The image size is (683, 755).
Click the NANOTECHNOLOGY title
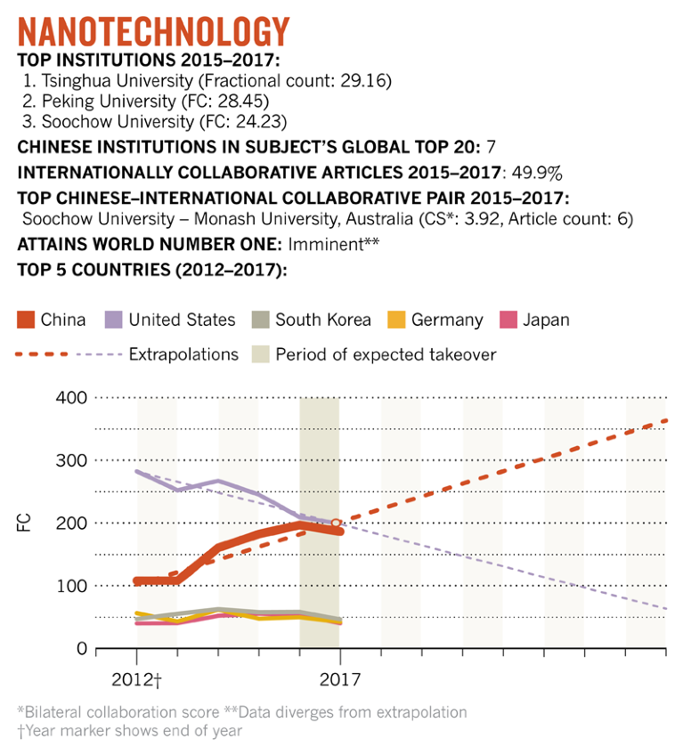click(154, 31)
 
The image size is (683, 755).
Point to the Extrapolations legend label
click(183, 353)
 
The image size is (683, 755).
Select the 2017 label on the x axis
click(338, 680)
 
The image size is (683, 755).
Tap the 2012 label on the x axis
click(134, 680)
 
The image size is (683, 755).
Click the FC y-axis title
click(23, 523)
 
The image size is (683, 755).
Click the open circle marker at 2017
click(337, 524)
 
